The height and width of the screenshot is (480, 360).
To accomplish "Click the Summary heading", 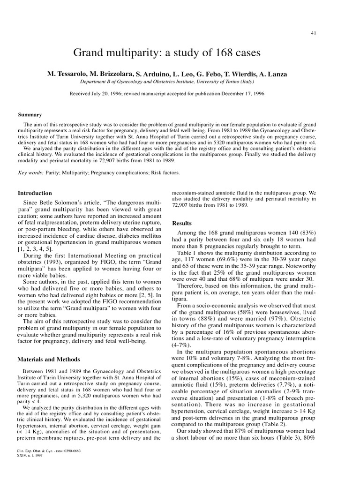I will [30, 114].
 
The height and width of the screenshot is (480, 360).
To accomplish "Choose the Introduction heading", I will [35, 193].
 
